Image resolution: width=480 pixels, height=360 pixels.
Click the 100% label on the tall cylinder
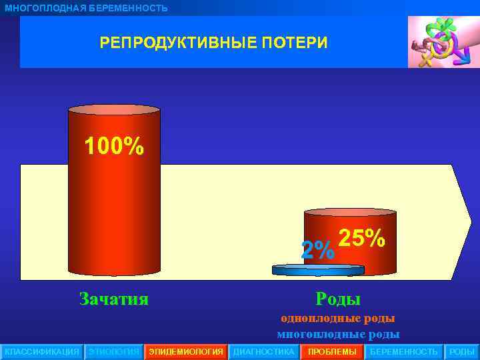point(113,146)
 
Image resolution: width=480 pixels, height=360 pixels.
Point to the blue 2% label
point(317,251)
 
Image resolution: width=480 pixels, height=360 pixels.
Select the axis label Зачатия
point(113,298)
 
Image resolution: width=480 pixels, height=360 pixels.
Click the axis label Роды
point(338,298)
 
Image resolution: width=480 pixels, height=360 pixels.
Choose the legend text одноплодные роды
point(338,319)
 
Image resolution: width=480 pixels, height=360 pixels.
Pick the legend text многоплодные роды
point(338,334)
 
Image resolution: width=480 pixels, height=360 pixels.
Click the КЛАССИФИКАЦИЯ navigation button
point(41,351)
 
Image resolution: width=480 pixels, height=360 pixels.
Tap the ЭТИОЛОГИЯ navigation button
point(114,351)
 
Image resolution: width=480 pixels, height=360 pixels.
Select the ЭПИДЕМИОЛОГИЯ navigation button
point(185,351)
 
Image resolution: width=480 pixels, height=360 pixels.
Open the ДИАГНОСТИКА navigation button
point(263,351)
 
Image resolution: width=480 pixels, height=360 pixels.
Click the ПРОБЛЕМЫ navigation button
point(332,351)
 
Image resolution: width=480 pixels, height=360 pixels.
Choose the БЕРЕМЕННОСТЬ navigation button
point(403,351)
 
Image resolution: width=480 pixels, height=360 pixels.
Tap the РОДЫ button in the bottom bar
point(462,351)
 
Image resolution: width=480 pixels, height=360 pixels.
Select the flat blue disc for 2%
point(318,270)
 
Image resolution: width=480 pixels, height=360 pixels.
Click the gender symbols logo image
point(441,42)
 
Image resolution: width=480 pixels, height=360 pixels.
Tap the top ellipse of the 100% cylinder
point(114,110)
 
